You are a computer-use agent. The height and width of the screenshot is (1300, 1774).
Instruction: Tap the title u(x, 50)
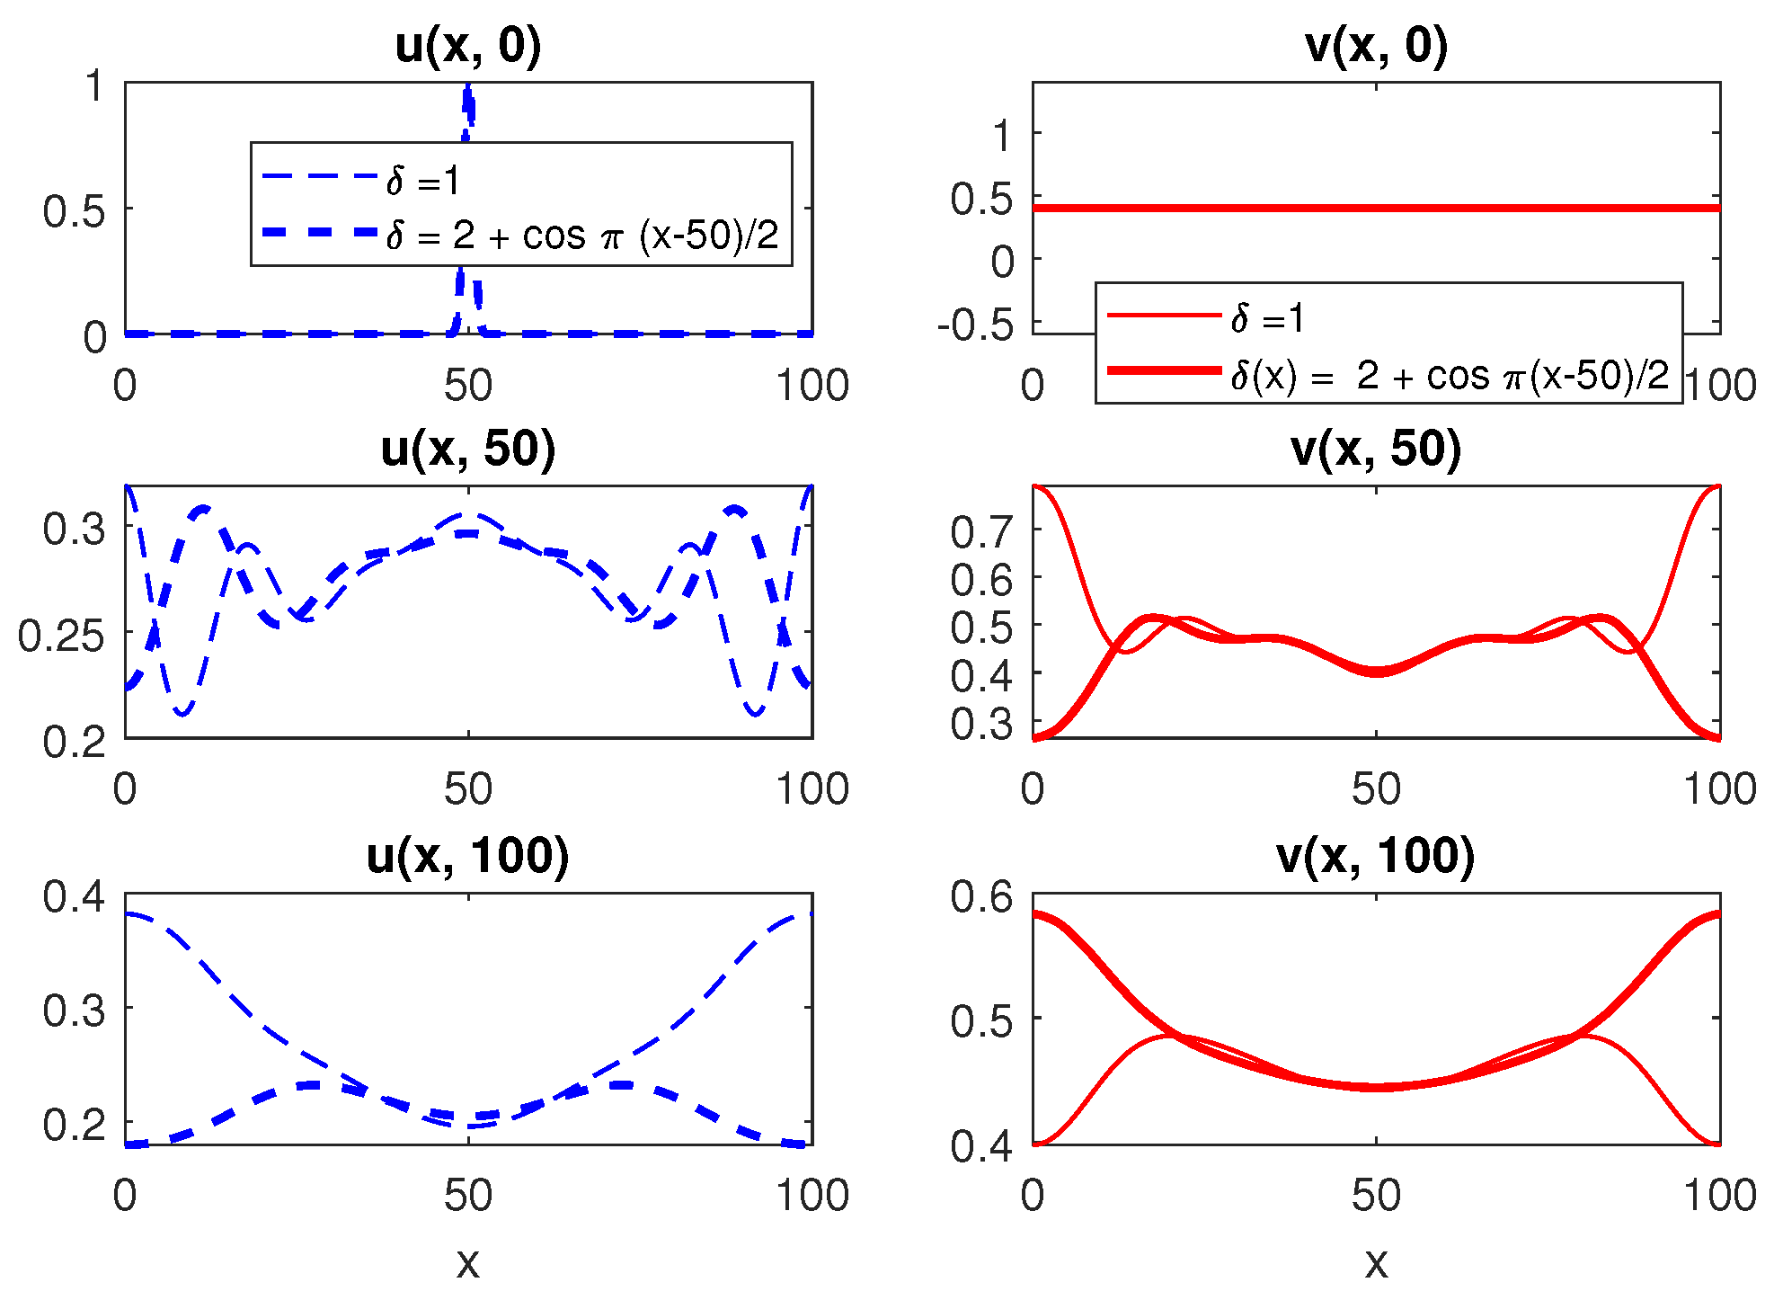[468, 449]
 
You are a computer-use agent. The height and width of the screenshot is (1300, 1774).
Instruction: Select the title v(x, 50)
[1376, 449]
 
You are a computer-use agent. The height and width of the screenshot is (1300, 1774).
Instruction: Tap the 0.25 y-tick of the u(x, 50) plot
[61, 637]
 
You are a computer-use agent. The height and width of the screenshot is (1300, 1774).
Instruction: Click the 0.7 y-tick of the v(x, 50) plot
[981, 532]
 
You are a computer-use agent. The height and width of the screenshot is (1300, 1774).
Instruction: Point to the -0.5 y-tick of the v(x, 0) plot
[975, 325]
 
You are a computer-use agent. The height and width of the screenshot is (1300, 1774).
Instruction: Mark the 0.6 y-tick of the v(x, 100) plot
[981, 897]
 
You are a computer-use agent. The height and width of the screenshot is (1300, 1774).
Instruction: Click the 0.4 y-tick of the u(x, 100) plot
[74, 897]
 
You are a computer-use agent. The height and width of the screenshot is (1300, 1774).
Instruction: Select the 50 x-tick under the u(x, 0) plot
[468, 386]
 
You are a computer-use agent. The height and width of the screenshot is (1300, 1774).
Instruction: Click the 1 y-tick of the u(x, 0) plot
[94, 87]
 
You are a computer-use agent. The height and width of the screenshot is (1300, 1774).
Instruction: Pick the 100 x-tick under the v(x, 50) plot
[1719, 789]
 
